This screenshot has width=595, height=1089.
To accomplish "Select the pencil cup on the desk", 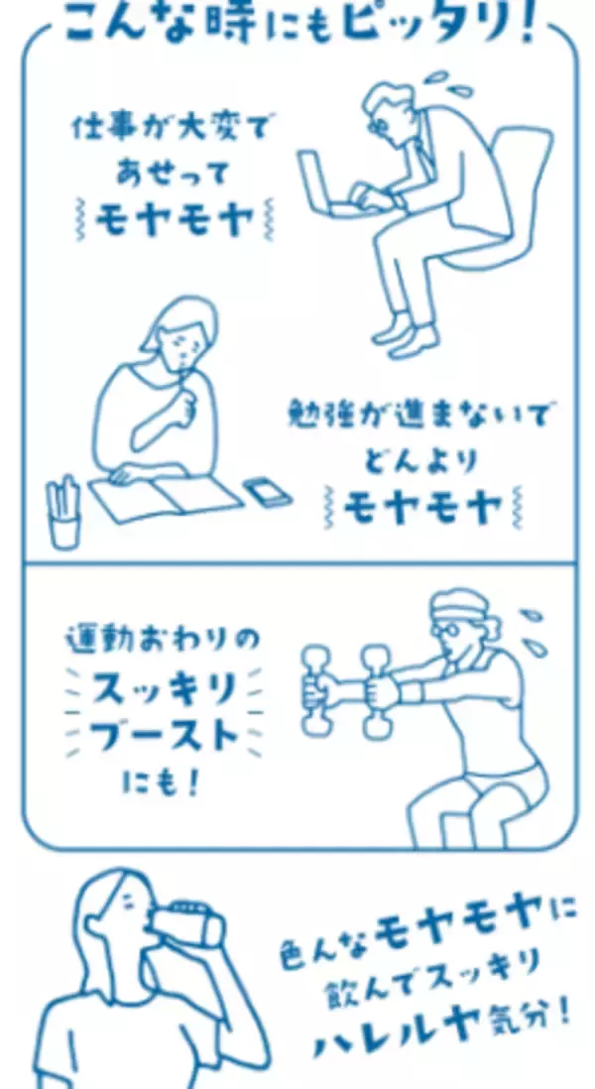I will coord(64,513).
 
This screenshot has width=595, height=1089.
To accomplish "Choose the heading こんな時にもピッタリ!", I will coord(297,22).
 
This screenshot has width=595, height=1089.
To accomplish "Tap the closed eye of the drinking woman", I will coord(128,904).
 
